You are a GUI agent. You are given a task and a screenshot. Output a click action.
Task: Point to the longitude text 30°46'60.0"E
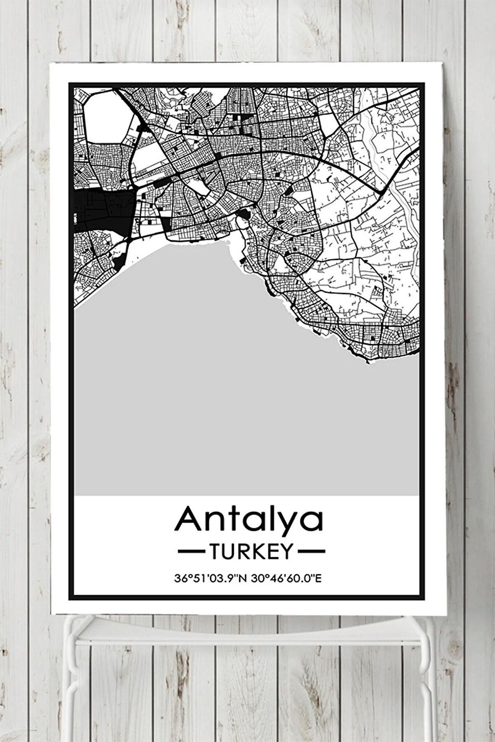pos(286,579)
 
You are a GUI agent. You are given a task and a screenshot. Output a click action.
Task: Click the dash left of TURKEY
pos(192,551)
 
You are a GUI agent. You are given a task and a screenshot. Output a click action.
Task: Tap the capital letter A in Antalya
pos(187,519)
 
